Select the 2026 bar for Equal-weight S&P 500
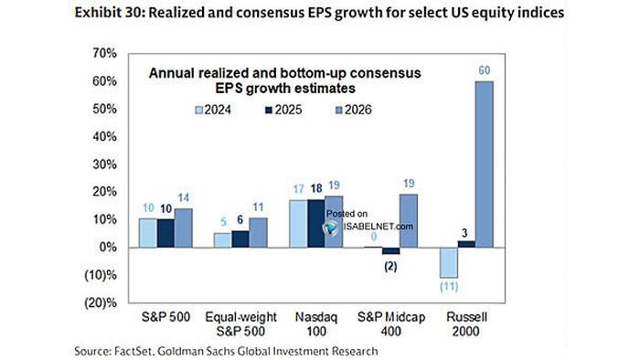point(259,232)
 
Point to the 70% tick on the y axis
point(104,53)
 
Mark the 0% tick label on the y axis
point(107,248)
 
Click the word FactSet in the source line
point(145,350)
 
